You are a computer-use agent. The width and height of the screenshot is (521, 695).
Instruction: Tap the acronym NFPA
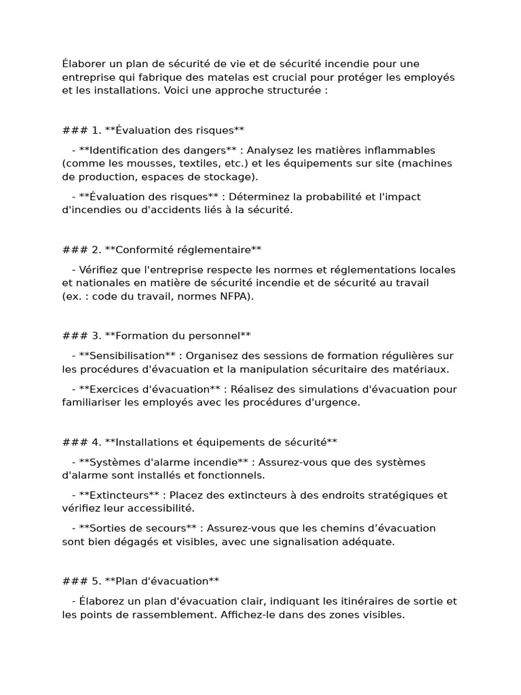(233, 297)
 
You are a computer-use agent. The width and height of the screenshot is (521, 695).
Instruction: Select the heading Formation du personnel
(178, 335)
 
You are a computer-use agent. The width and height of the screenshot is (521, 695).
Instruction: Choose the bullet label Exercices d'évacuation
(149, 389)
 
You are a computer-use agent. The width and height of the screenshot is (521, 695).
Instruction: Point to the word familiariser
(92, 402)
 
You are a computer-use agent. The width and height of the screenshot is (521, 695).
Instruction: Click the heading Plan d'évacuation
(162, 581)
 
